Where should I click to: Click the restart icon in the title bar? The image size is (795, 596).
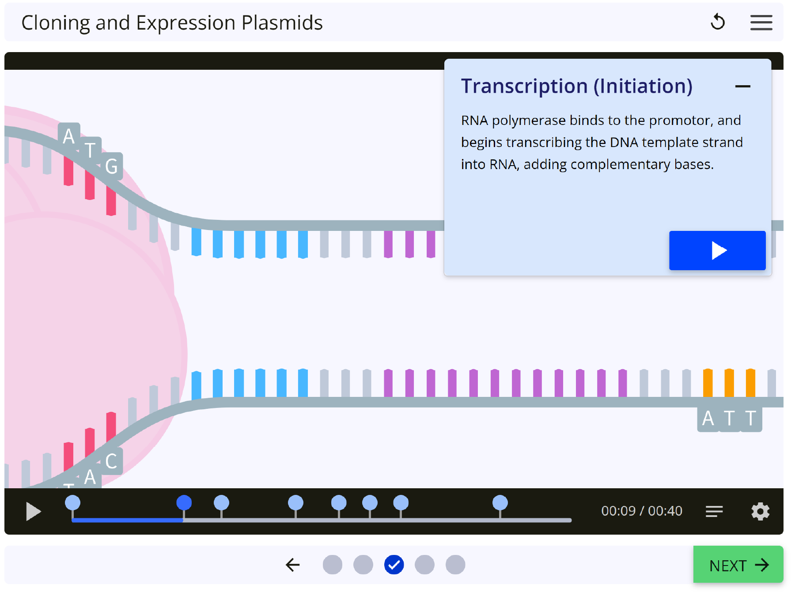[718, 22]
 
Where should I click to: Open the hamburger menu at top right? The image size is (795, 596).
[761, 23]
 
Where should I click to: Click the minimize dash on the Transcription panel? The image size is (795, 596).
[742, 87]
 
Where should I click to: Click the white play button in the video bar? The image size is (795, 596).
[33, 511]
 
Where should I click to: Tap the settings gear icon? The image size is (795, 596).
[760, 511]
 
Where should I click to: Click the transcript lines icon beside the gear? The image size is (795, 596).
[714, 511]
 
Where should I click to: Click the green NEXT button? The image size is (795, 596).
[738, 565]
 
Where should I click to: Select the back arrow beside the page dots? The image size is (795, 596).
[293, 565]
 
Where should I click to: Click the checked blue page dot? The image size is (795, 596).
[394, 565]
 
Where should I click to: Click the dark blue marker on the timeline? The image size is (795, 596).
[184, 503]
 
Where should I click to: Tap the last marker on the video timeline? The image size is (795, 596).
[500, 503]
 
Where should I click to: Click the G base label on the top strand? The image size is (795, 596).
[112, 166]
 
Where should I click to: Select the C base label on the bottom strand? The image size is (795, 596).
[112, 461]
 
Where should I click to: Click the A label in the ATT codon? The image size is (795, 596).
[708, 418]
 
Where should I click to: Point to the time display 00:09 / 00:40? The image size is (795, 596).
[642, 511]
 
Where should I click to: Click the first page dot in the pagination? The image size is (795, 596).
[333, 565]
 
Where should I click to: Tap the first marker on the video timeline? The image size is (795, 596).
[72, 503]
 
